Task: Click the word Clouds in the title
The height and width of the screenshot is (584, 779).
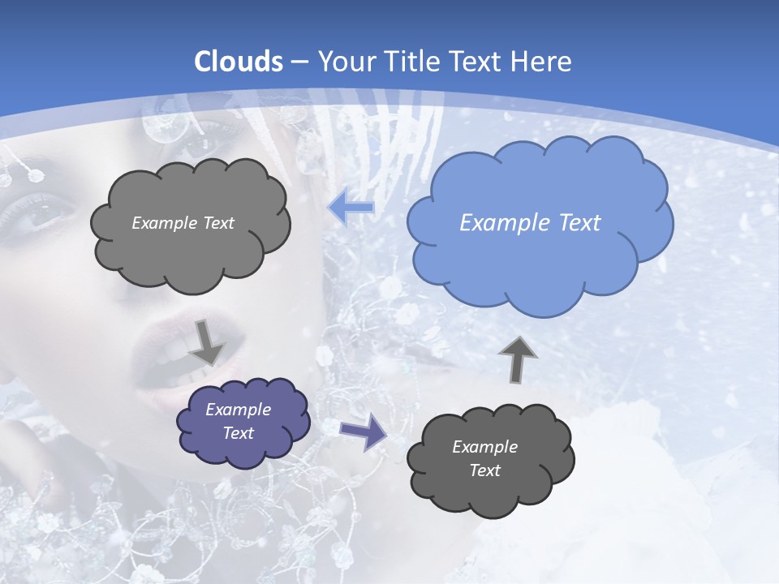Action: [x=239, y=62]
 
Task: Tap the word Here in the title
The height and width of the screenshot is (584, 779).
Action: [x=542, y=62]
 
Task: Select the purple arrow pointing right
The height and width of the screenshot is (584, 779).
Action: [x=363, y=432]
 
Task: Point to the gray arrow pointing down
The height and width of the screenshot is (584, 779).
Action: [x=207, y=341]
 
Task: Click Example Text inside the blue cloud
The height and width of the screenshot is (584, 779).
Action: [x=530, y=223]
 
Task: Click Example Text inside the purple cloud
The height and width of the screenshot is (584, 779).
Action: [x=239, y=421]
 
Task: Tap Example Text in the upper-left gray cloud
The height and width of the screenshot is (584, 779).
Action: [x=183, y=223]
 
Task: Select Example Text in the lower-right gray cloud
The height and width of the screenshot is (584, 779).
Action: [x=485, y=458]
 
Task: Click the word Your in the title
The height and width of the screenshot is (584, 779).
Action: [x=344, y=62]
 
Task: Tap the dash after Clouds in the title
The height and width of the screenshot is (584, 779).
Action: [x=299, y=62]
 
